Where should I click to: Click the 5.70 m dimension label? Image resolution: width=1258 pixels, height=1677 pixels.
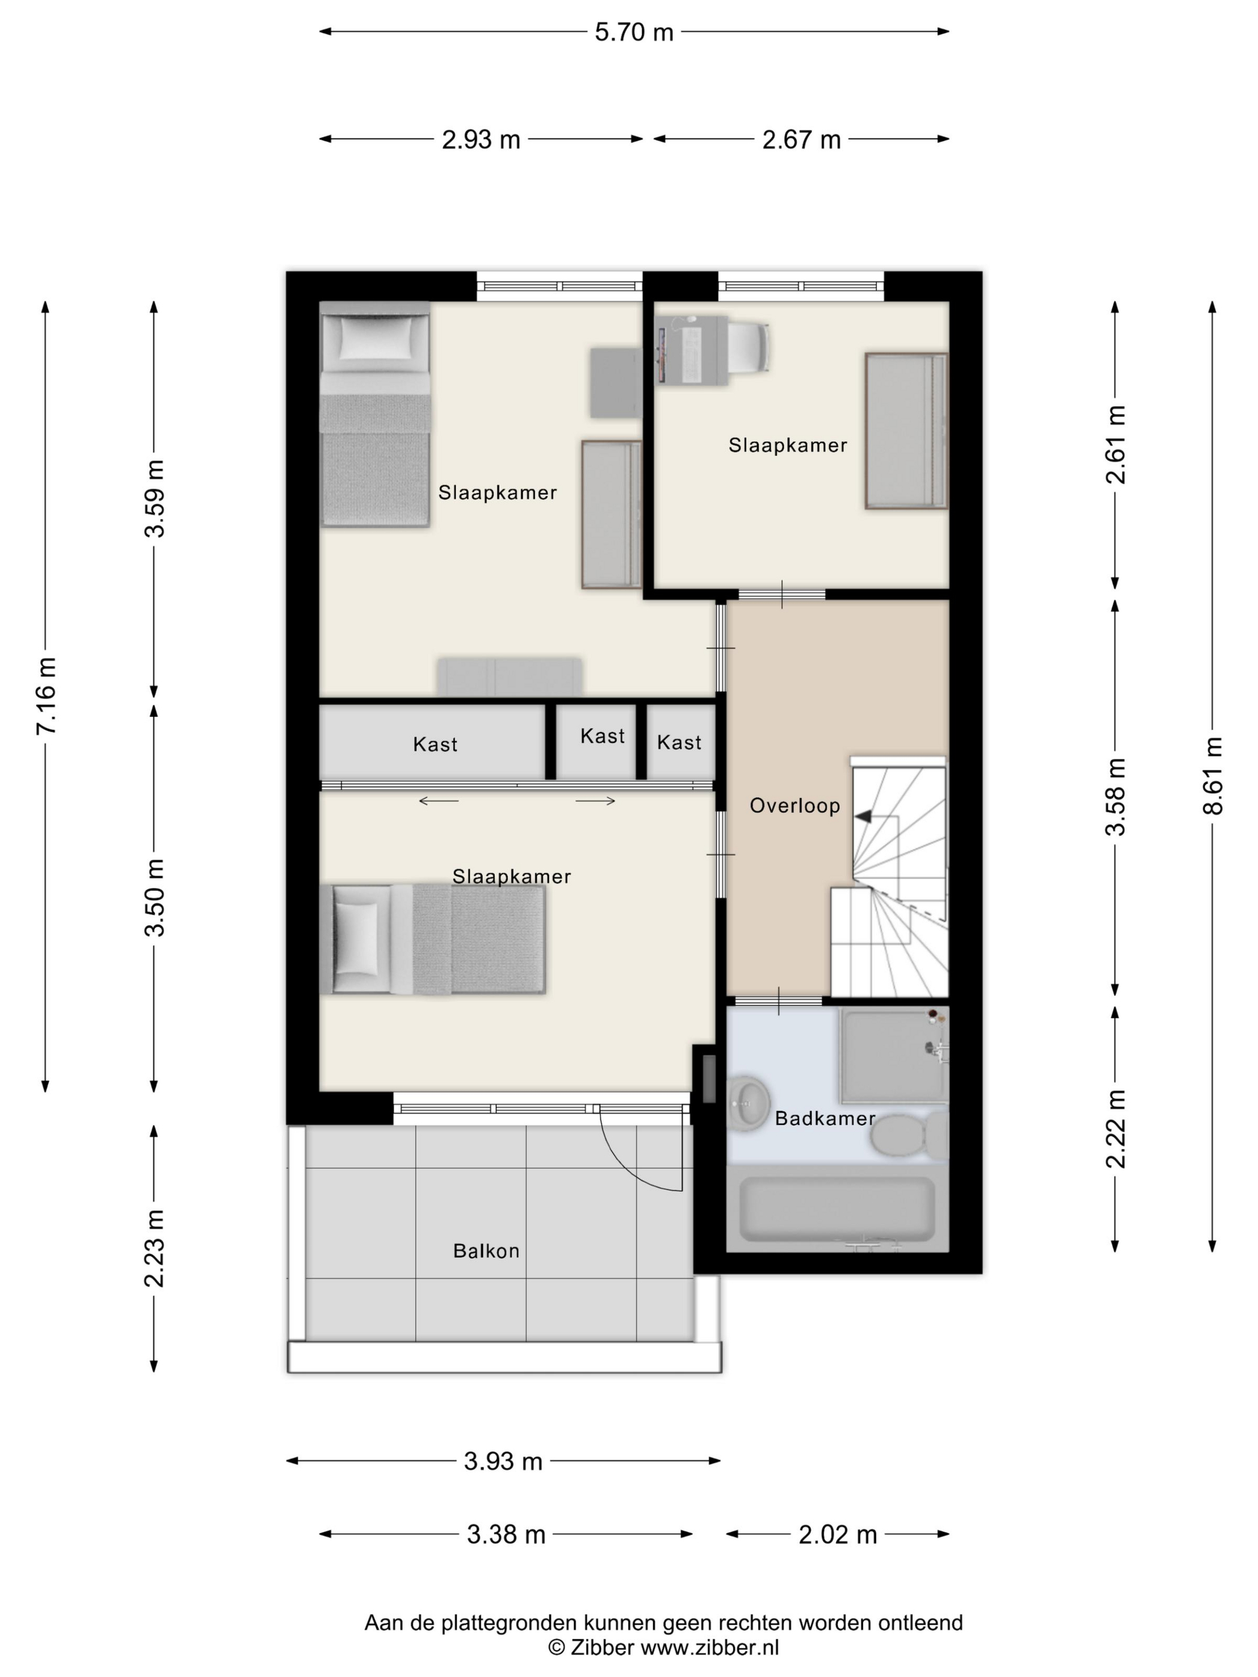pyautogui.click(x=633, y=32)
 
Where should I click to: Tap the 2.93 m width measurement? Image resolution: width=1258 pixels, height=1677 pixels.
pyautogui.click(x=481, y=140)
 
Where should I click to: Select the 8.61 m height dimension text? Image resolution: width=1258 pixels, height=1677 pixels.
pyautogui.click(x=1212, y=775)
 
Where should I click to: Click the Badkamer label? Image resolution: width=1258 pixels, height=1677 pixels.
pyautogui.click(x=825, y=1118)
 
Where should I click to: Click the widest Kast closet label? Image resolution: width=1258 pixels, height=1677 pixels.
pyautogui.click(x=436, y=744)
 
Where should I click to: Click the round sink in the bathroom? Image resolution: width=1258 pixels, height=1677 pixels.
pyautogui.click(x=748, y=1103)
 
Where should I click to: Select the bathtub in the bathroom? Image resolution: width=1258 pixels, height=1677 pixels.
pyautogui.click(x=837, y=1209)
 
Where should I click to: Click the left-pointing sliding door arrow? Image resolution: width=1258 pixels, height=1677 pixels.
pyautogui.click(x=439, y=801)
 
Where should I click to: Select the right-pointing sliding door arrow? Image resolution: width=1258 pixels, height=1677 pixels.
pyautogui.click(x=595, y=801)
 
